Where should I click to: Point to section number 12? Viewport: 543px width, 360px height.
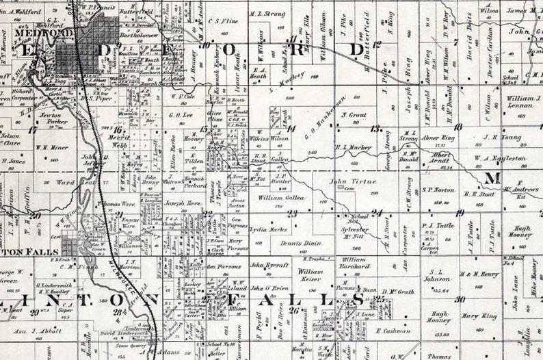[x=377, y=44]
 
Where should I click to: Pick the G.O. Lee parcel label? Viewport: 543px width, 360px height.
[x=180, y=116]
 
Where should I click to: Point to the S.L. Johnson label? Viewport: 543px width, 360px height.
[x=436, y=275]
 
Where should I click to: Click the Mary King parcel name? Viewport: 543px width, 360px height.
[x=479, y=316]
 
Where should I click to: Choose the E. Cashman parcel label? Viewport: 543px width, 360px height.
[x=393, y=331]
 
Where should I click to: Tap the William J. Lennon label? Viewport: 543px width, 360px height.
[x=525, y=102]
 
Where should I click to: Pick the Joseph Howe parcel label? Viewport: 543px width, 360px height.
[x=183, y=203]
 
